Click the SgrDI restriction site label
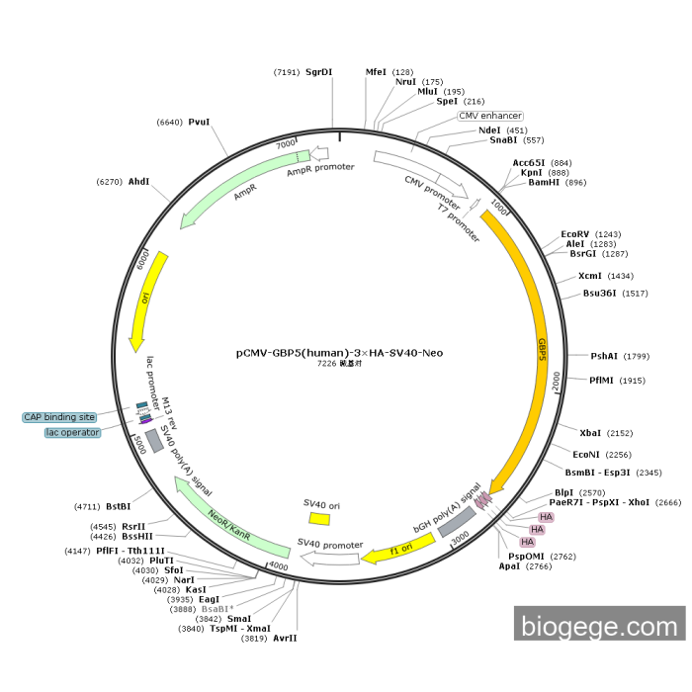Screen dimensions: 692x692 (x=318, y=72)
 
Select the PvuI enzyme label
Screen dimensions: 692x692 (x=199, y=122)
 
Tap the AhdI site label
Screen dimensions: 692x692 (x=138, y=182)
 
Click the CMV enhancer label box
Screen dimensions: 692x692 (x=490, y=116)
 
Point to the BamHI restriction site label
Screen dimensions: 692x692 (x=543, y=182)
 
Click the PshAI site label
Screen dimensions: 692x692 (x=604, y=356)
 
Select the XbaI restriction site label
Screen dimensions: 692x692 (x=590, y=433)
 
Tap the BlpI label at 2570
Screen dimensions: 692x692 (x=563, y=492)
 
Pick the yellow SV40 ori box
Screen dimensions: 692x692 (x=319, y=518)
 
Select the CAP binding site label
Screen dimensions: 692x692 (x=60, y=417)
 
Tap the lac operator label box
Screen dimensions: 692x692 (x=72, y=432)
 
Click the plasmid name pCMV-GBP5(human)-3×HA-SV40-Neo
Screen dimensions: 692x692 (x=339, y=352)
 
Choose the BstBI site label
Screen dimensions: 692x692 (x=118, y=506)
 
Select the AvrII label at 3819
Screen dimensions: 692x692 (x=285, y=638)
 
